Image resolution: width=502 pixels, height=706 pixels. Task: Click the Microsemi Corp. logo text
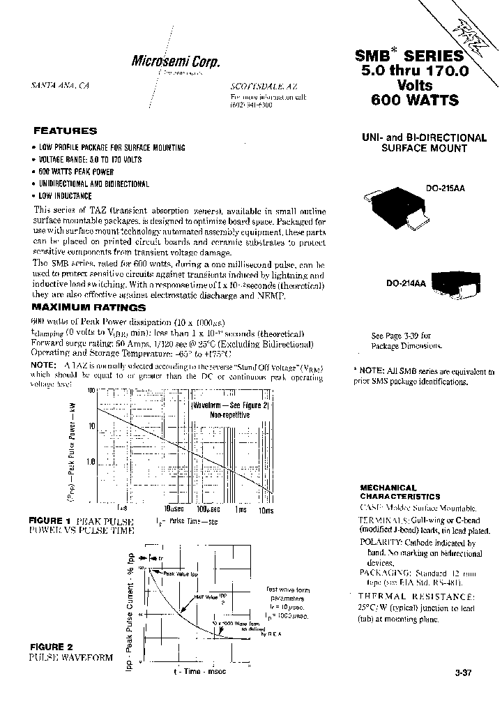pyautogui.click(x=176, y=61)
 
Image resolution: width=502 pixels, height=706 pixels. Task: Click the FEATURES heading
pyautogui.click(x=66, y=130)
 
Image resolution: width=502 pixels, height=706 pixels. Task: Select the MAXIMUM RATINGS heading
pyautogui.click(x=89, y=307)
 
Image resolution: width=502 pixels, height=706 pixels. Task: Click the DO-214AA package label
pyautogui.click(x=407, y=284)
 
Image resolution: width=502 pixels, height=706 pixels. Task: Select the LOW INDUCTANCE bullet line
pyautogui.click(x=65, y=197)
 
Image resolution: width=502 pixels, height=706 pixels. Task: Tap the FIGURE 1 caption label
pyautogui.click(x=50, y=520)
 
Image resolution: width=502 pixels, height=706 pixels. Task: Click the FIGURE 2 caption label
pyautogui.click(x=50, y=647)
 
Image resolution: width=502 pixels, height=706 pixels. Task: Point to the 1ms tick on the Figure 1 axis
pyautogui.click(x=241, y=509)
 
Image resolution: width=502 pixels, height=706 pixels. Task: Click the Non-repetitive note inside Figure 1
pyautogui.click(x=229, y=414)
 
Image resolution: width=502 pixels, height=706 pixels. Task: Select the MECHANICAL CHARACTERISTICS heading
pyautogui.click(x=400, y=492)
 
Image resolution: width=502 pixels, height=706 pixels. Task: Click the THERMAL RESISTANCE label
pyautogui.click(x=417, y=596)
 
